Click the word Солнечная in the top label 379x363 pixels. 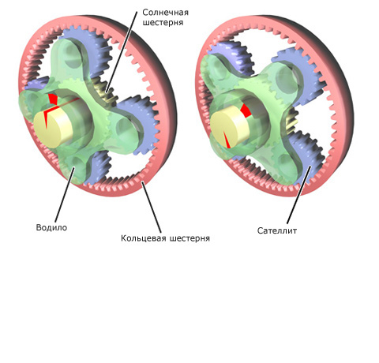pyautogui.click(x=165, y=13)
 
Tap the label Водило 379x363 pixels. pyautogui.click(x=51, y=227)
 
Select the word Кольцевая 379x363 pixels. pyautogui.click(x=144, y=238)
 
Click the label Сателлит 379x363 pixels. pyautogui.click(x=277, y=230)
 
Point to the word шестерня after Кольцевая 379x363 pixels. pyautogui.click(x=189, y=238)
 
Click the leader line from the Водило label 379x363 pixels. pyautogui.click(x=65, y=194)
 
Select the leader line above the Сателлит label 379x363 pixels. pyautogui.click(x=299, y=195)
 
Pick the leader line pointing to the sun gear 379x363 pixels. pyautogui.click(x=122, y=52)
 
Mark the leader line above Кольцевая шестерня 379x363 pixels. pyautogui.click(x=152, y=208)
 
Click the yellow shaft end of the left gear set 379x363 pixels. pyautogui.click(x=53, y=129)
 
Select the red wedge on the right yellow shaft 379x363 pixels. pyautogui.click(x=227, y=140)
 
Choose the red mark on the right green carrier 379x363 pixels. pyautogui.click(x=245, y=110)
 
